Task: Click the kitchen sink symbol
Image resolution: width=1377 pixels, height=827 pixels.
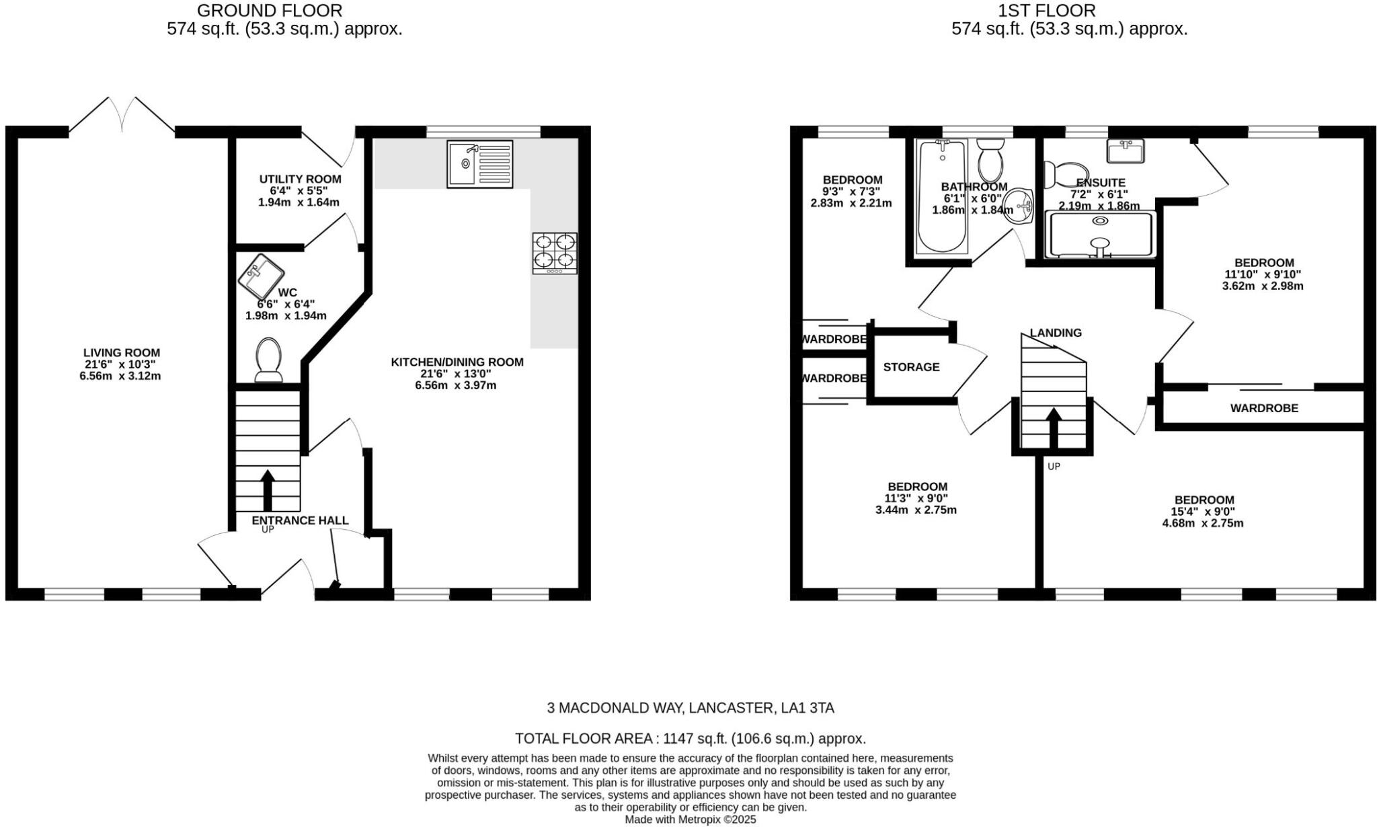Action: [x=479, y=163]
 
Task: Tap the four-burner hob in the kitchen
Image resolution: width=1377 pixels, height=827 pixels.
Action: [x=555, y=253]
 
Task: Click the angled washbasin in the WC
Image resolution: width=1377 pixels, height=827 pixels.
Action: [x=262, y=276]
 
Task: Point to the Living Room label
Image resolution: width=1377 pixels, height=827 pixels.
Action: [x=122, y=352]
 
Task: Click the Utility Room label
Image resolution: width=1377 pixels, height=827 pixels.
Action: [x=300, y=179]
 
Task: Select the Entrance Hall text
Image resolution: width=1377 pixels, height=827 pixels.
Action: [x=300, y=520]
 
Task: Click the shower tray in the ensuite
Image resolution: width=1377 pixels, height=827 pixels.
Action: [x=1101, y=235]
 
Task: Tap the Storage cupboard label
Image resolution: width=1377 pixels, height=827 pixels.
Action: [x=911, y=367]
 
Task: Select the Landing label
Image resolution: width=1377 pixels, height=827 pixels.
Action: [x=1056, y=333]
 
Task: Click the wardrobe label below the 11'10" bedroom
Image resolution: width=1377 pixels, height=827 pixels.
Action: [x=1264, y=408]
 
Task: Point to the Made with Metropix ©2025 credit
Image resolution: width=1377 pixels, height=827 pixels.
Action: [x=690, y=820]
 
